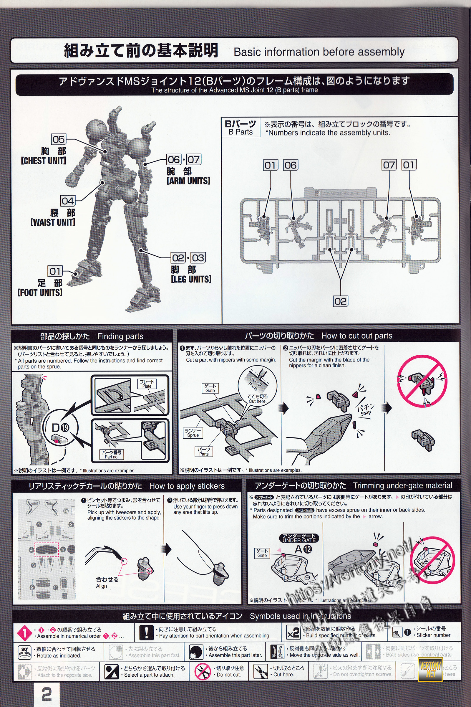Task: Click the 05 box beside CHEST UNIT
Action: (59, 139)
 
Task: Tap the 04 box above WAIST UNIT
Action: (68, 201)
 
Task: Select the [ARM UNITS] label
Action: (188, 181)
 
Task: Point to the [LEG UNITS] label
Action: (191, 279)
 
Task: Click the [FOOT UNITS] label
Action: (40, 293)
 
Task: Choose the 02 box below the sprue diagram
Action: (341, 301)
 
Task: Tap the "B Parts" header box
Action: (240, 128)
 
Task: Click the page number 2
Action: (47, 694)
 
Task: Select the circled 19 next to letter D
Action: (65, 427)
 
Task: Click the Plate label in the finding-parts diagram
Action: (147, 384)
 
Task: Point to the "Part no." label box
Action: (112, 455)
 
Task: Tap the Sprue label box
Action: (193, 433)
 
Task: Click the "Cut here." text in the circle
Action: (257, 401)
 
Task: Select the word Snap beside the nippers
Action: (366, 413)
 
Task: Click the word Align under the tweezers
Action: (102, 586)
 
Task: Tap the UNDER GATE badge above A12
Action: (299, 538)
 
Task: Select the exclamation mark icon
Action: (147, 633)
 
